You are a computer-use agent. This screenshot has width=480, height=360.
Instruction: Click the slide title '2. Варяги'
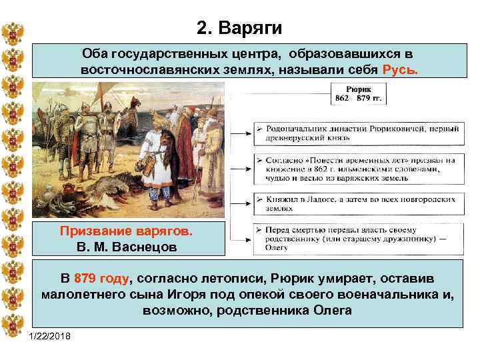coord(240,29)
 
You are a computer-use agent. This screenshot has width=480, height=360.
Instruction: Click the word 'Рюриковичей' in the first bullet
coord(389,127)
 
